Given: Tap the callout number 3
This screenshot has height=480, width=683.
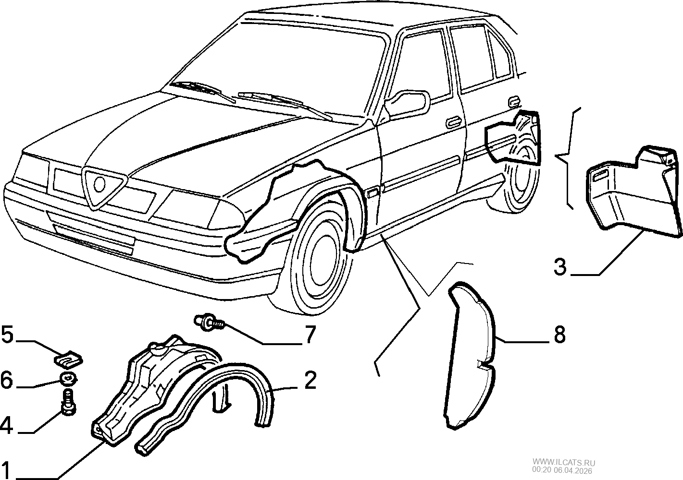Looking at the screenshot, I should pyautogui.click(x=560, y=266).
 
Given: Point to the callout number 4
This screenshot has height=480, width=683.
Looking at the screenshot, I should pyautogui.click(x=6, y=426).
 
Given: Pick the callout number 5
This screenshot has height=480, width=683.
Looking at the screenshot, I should pyautogui.click(x=7, y=335).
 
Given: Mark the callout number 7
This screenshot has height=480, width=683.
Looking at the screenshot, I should pyautogui.click(x=309, y=335).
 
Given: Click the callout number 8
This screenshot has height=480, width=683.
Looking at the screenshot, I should pyautogui.click(x=559, y=335).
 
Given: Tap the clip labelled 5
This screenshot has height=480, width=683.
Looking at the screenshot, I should pyautogui.click(x=68, y=359).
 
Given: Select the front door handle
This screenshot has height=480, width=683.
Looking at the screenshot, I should pyautogui.click(x=453, y=122).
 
